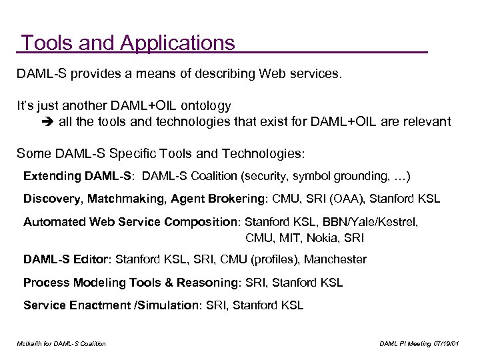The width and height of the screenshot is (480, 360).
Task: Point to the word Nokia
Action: click(x=333, y=237)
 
